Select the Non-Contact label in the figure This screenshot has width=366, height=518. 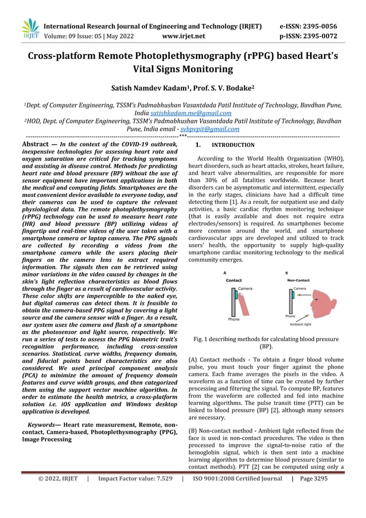click(x=298, y=280)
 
